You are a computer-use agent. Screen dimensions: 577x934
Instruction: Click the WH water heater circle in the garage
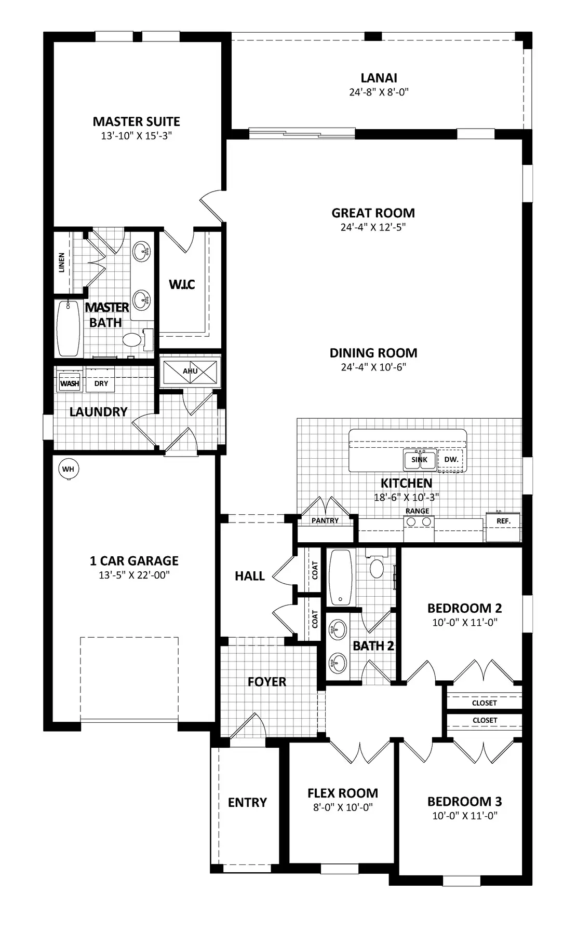(x=69, y=469)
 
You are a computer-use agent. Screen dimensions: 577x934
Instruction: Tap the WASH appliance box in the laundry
(x=70, y=383)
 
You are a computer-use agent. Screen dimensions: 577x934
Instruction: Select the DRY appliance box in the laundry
(x=101, y=383)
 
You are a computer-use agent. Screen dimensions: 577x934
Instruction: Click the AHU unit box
(x=190, y=372)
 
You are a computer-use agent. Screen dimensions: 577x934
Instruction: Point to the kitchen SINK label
(x=419, y=460)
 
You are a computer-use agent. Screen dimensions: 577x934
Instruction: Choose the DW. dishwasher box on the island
(x=451, y=460)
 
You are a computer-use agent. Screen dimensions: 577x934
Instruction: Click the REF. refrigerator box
(x=503, y=521)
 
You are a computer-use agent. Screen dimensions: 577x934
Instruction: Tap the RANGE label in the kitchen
(x=418, y=511)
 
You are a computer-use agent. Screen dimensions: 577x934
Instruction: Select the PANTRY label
(x=325, y=520)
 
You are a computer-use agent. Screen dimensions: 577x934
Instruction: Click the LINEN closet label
(x=62, y=263)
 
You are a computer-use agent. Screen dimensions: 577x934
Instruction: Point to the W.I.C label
(x=182, y=284)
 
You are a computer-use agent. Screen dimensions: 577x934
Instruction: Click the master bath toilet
(x=135, y=340)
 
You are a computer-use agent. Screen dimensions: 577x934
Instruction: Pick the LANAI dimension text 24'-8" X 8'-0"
(x=379, y=92)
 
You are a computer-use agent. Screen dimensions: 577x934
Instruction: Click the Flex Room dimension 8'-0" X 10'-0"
(x=343, y=807)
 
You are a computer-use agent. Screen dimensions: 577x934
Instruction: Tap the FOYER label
(x=267, y=682)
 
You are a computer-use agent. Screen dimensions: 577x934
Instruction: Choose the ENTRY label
(x=247, y=803)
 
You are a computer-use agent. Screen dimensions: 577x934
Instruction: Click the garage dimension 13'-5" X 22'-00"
(x=134, y=575)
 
